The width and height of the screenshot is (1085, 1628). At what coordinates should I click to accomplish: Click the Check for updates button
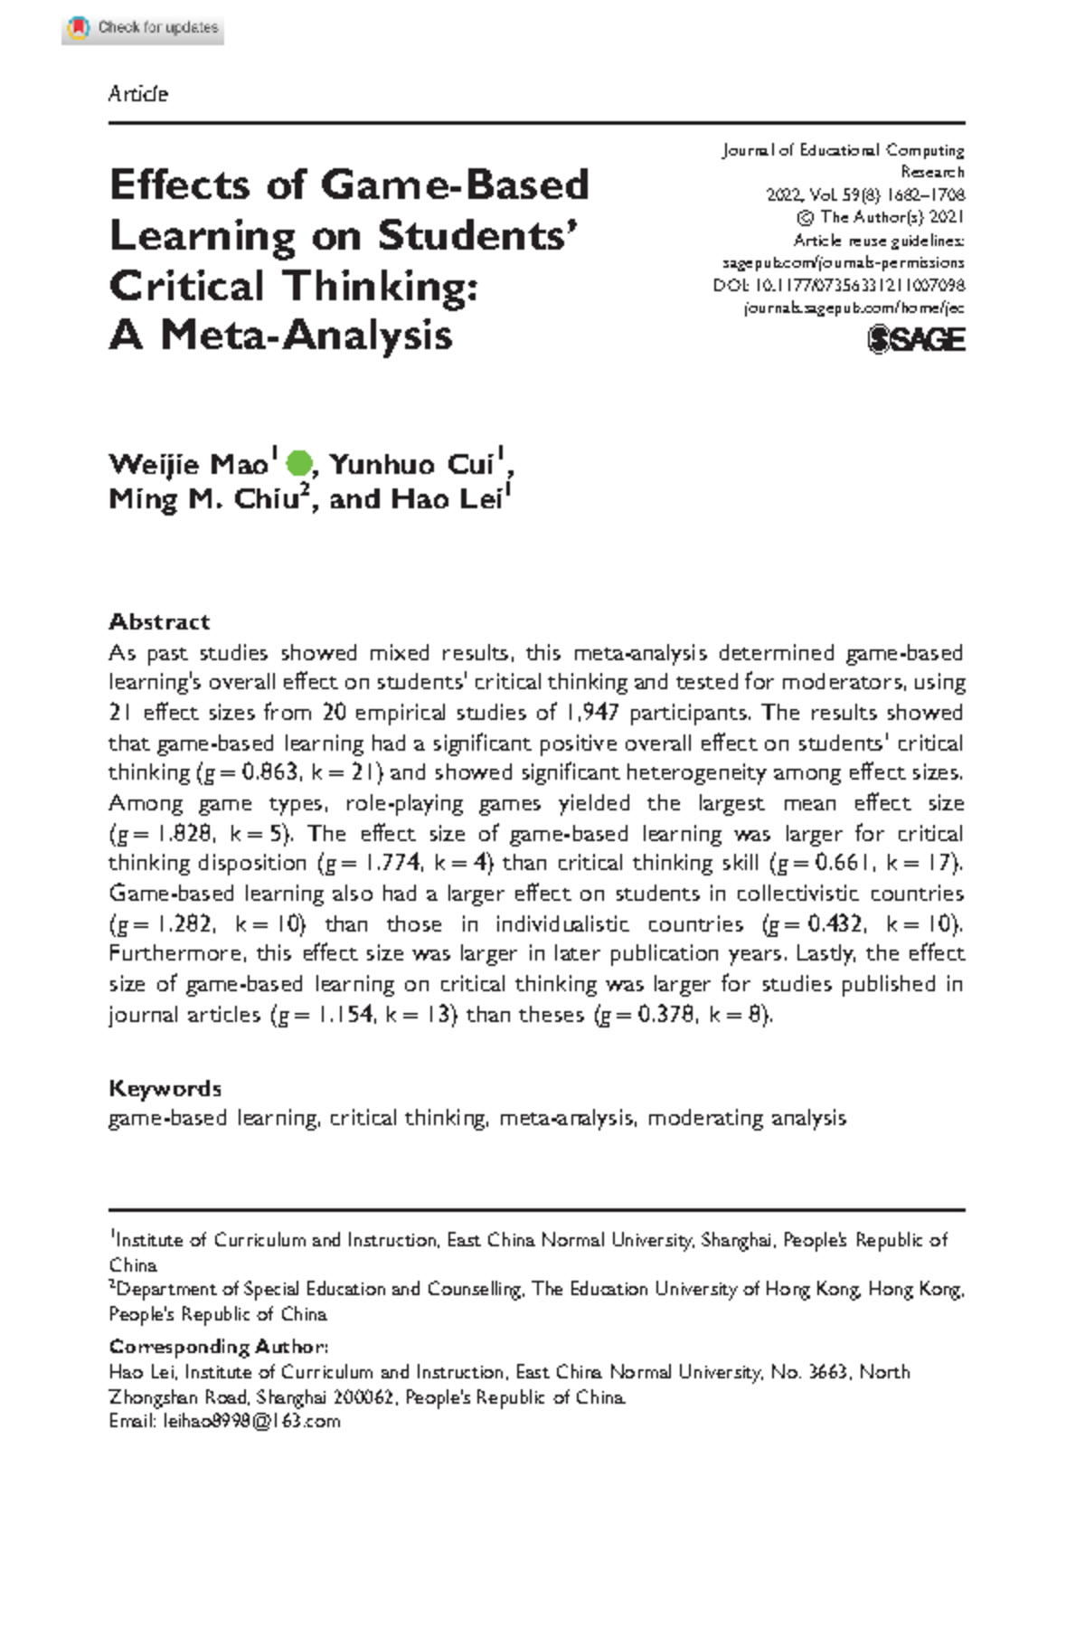tap(143, 28)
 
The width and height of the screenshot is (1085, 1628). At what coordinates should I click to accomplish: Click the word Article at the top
tap(137, 94)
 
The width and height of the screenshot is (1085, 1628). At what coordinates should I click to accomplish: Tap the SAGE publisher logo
tap(916, 340)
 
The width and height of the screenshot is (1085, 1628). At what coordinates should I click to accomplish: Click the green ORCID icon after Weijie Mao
tap(298, 464)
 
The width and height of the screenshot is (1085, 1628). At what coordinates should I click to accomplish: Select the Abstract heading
tap(159, 621)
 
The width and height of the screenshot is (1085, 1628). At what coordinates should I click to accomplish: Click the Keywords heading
tap(165, 1088)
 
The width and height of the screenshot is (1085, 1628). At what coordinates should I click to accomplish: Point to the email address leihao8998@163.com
tap(251, 1421)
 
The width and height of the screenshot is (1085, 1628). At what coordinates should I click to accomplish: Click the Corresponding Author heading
tap(218, 1347)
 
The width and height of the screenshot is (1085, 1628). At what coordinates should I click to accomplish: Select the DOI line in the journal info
tap(838, 285)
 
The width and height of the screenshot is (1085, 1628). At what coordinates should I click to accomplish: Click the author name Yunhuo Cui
tap(413, 464)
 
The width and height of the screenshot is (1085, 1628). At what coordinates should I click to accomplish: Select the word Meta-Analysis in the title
tap(307, 336)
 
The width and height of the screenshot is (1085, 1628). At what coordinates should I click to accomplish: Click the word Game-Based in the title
tap(455, 185)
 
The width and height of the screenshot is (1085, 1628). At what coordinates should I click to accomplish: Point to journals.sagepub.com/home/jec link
tap(854, 308)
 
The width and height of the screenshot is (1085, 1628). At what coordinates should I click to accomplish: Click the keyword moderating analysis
tap(747, 1119)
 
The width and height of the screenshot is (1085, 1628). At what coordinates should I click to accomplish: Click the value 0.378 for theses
tap(665, 1015)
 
